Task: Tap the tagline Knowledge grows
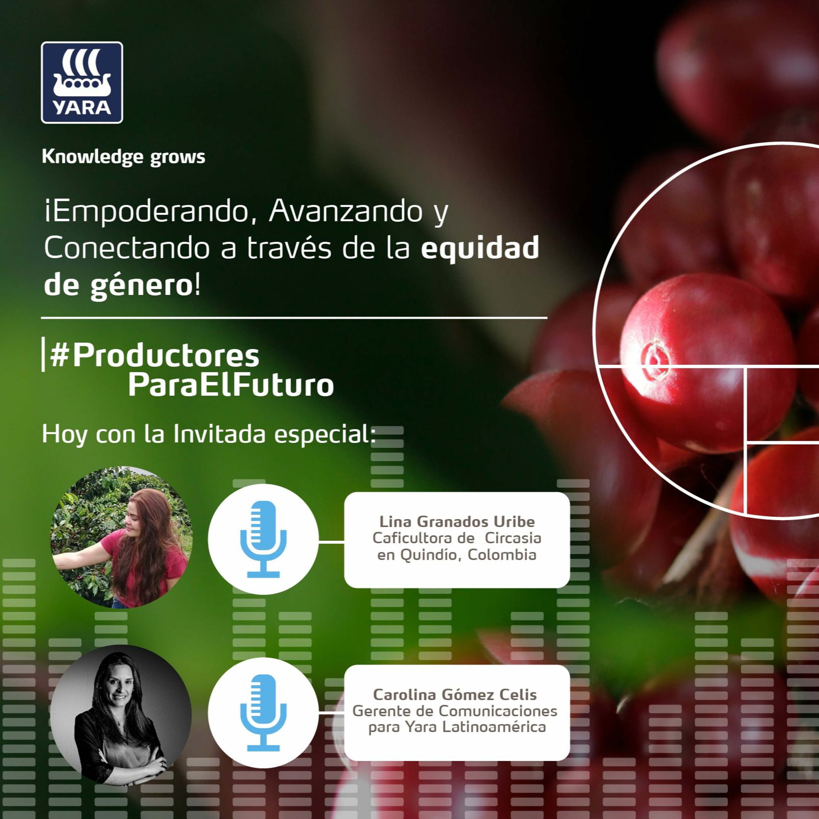click(x=123, y=157)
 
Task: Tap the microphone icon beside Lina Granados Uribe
click(x=263, y=539)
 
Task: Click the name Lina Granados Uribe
click(x=457, y=521)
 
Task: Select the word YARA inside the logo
click(x=82, y=108)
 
